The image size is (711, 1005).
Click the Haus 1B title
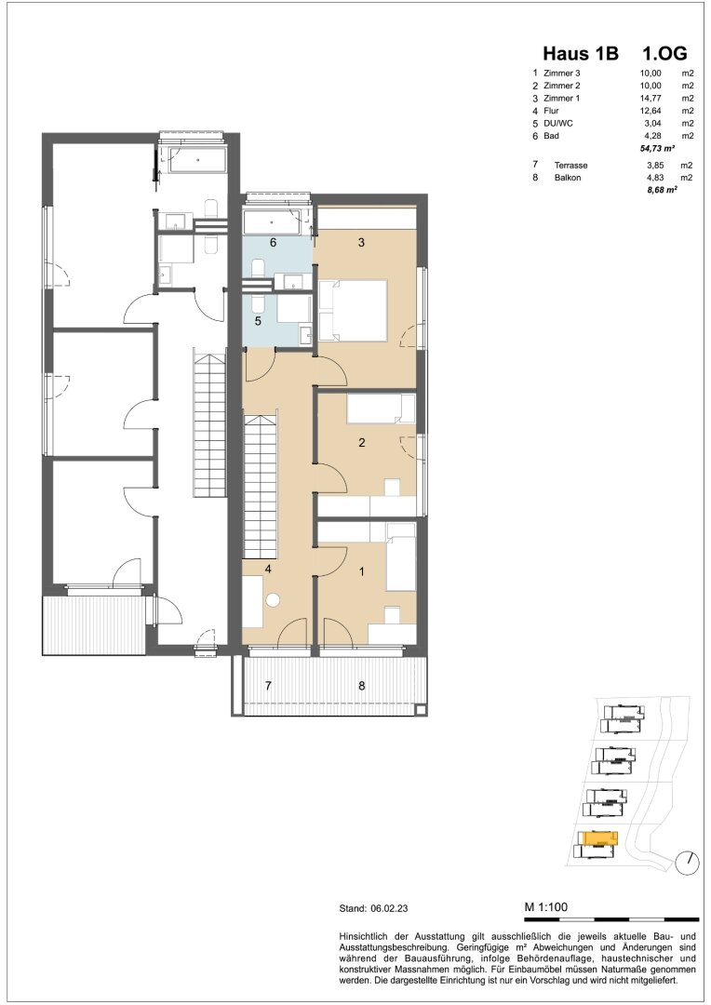(581, 53)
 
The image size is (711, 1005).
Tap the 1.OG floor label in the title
(664, 53)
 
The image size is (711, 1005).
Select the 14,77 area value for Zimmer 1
(650, 98)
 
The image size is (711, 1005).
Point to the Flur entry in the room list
(551, 111)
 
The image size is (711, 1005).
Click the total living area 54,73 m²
(654, 149)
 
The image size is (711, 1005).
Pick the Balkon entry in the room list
(568, 178)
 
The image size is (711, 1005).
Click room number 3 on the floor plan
(362, 242)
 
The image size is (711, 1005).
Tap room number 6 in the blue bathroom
(273, 242)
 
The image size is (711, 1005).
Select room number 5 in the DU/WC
(258, 321)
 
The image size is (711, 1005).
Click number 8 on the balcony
(362, 685)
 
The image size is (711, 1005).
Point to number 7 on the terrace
(269, 685)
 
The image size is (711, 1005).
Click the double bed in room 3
(353, 310)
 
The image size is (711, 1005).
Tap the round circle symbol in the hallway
(274, 600)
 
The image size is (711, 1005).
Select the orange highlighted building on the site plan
(597, 837)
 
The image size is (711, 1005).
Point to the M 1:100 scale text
(545, 907)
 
